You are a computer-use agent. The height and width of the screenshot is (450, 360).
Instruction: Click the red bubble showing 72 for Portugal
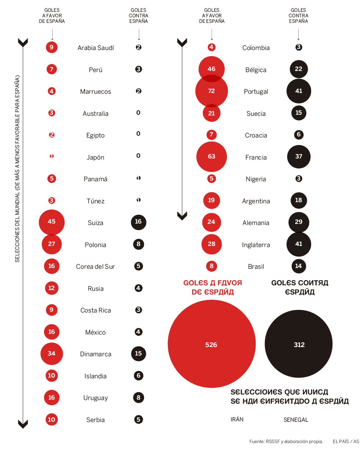click(211, 91)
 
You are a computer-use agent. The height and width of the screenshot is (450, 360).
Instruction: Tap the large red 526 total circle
click(211, 344)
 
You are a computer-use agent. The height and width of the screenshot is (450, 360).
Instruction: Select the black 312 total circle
click(299, 344)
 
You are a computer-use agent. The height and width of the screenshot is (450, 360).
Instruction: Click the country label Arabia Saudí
click(96, 48)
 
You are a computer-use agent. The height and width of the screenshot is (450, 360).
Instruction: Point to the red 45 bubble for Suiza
click(51, 222)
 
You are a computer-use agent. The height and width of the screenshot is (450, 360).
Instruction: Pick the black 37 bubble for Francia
click(299, 157)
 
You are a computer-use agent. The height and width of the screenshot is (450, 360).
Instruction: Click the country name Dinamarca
click(96, 354)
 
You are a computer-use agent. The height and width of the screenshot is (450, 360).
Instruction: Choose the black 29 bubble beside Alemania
click(299, 222)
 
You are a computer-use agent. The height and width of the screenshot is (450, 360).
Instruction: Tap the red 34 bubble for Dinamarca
click(51, 354)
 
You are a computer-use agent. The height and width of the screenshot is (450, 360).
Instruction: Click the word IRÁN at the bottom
click(237, 419)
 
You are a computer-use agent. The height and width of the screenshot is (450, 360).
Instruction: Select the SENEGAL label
click(296, 420)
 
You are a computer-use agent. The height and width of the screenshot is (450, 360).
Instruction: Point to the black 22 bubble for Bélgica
click(299, 69)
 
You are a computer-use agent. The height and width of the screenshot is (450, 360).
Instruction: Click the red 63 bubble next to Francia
click(211, 157)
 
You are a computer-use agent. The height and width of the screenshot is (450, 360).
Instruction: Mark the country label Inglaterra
click(256, 245)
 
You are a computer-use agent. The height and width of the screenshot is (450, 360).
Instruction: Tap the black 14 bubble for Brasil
click(299, 266)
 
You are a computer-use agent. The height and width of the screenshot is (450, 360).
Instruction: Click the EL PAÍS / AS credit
click(346, 442)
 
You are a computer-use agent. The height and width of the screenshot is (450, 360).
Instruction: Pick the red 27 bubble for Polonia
click(51, 244)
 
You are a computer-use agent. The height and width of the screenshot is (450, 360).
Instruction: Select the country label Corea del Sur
click(96, 267)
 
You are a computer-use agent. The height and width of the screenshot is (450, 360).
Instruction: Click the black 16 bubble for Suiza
click(138, 222)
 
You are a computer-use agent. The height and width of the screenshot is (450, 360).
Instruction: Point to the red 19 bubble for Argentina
click(211, 200)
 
